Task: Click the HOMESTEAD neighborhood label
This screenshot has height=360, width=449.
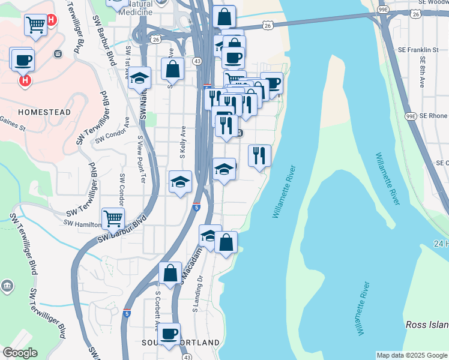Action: (x=44, y=112)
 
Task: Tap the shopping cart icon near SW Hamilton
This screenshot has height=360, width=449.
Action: (x=113, y=218)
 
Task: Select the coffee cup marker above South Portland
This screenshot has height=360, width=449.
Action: (x=169, y=334)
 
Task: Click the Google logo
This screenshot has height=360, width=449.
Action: (x=20, y=353)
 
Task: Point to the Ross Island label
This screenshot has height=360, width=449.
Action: (x=427, y=325)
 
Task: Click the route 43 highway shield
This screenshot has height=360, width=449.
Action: (x=197, y=61)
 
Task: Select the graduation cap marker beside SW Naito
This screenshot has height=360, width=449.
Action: (x=139, y=77)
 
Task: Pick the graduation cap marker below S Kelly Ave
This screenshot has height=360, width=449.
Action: (x=180, y=182)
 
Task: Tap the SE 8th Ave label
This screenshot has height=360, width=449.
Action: (x=424, y=73)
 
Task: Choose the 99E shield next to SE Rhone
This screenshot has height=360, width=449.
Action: (x=411, y=116)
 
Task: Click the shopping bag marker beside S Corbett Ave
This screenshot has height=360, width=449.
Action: (x=170, y=272)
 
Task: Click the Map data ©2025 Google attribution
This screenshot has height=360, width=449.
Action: (x=412, y=355)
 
